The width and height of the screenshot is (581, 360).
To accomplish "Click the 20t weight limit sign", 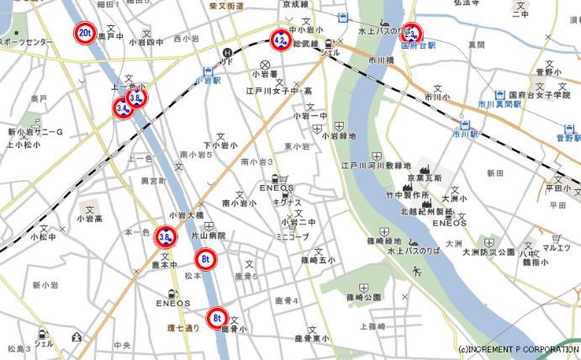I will [85, 33].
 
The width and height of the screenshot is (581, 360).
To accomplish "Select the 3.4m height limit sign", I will [124, 108].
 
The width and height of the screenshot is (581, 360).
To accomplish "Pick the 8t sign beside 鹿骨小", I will [218, 318].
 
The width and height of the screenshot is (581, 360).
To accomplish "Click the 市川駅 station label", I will [462, 134].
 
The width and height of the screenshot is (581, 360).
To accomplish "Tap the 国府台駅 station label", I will [417, 45].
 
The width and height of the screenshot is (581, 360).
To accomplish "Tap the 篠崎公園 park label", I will [362, 298].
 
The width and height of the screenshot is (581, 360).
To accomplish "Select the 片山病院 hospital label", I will [209, 236].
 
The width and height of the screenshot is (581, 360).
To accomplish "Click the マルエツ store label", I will [556, 247].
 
